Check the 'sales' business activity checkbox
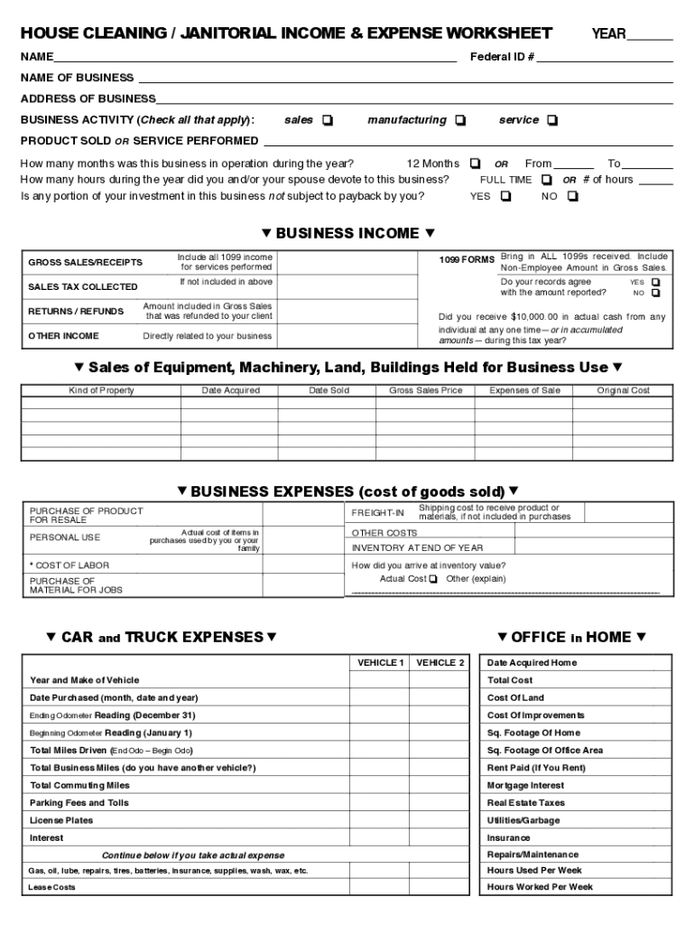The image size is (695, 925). (327, 120)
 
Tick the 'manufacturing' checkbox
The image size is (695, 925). (460, 120)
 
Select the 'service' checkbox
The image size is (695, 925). (552, 120)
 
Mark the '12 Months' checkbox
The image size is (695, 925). (474, 164)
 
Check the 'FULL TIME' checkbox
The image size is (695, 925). (547, 179)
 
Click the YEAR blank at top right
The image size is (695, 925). (650, 35)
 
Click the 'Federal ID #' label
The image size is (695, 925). (502, 57)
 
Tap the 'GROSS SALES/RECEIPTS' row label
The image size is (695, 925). (85, 263)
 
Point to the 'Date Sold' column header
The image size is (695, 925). (329, 390)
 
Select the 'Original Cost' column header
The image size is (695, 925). (623, 390)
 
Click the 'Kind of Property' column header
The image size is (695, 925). (101, 390)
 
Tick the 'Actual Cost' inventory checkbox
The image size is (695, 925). (433, 579)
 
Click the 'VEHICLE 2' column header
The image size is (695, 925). (440, 662)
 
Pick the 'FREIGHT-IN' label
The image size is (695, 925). (378, 513)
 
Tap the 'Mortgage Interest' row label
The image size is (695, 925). (524, 785)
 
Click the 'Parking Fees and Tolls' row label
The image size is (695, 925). (79, 802)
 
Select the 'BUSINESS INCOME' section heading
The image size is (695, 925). (347, 233)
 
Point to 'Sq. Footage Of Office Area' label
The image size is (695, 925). (545, 750)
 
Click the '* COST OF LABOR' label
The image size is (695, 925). (69, 565)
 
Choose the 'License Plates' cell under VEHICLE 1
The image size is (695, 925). (380, 820)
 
